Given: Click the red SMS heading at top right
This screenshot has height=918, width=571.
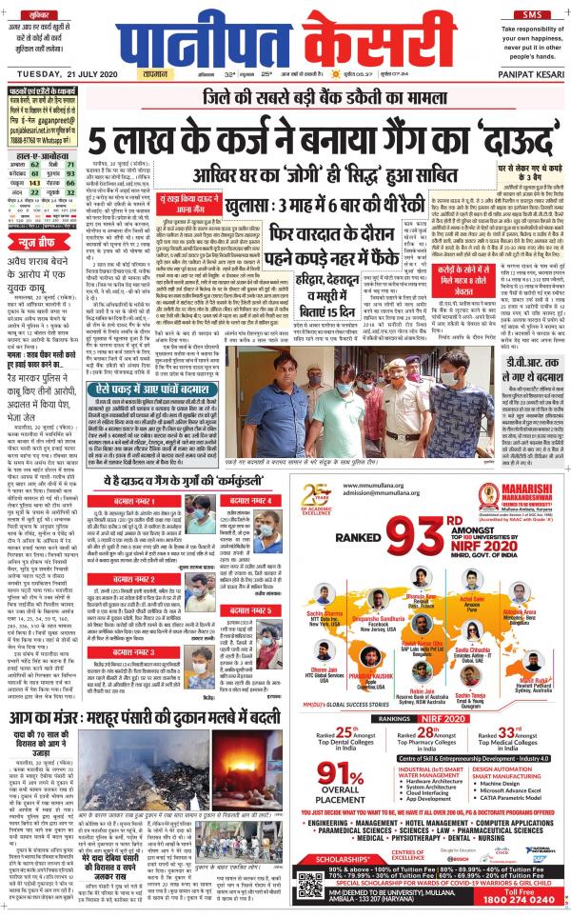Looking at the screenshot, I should click(x=531, y=13).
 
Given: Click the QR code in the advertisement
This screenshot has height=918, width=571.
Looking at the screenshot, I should click(x=311, y=888).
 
